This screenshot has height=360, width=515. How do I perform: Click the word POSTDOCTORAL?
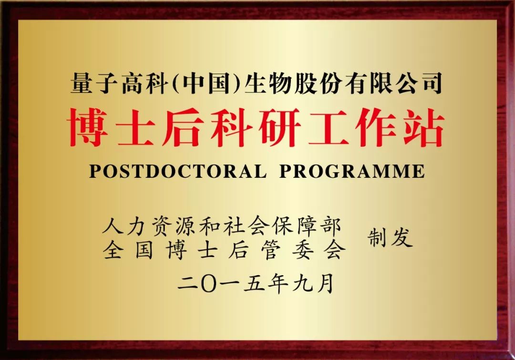click(x=178, y=171)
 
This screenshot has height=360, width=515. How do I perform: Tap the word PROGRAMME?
click(x=352, y=171)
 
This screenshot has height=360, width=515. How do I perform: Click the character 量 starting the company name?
click(x=82, y=83)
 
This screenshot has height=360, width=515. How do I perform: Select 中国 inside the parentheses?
click(x=206, y=83)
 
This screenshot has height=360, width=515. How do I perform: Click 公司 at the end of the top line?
click(x=419, y=83)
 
